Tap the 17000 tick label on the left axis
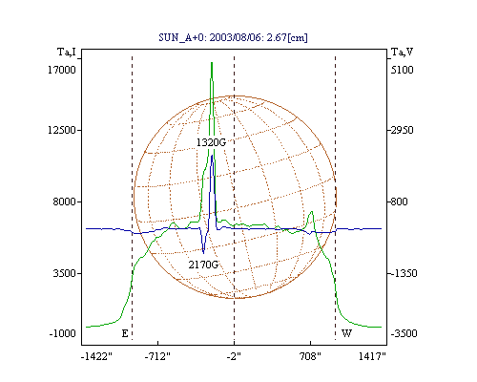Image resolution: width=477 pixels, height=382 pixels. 62,70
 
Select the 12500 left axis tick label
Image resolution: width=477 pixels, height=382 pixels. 62,130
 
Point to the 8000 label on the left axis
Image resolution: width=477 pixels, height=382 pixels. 65,202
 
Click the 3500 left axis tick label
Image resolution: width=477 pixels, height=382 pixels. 65,273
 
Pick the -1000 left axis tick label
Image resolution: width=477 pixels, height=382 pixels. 63,333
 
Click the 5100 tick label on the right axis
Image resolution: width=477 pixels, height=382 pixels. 403,70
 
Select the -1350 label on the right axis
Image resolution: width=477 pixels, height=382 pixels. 404,273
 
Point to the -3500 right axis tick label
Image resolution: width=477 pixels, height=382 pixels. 404,333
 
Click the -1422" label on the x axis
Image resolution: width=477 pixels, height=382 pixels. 96,356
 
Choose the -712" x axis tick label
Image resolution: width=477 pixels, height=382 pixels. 157,356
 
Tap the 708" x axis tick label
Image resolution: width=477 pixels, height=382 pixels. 310,356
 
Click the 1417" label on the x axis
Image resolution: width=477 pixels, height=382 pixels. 372,356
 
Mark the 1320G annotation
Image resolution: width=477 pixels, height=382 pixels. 211,142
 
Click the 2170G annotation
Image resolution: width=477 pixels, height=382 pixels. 203,265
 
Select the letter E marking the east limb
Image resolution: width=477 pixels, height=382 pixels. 125,333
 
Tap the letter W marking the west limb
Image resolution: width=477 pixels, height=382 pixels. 346,333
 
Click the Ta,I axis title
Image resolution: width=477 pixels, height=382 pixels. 67,52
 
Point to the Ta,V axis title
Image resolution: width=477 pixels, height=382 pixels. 402,52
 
